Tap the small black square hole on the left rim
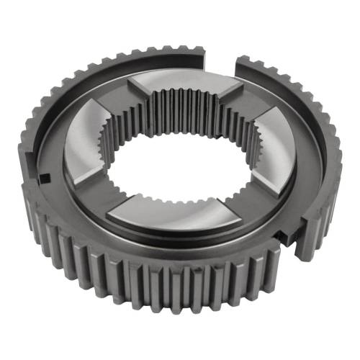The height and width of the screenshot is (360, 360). coord(45,176)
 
